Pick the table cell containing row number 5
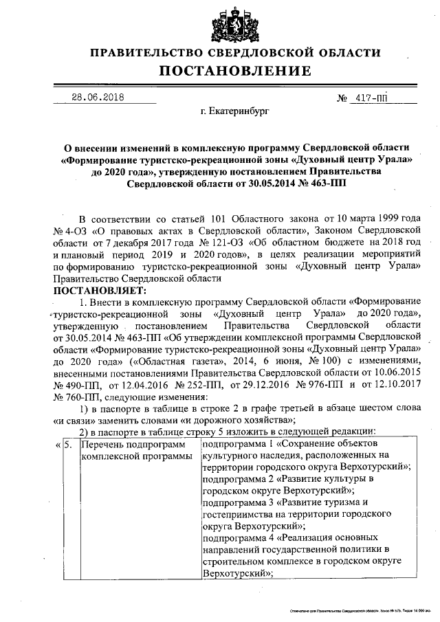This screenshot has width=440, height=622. click(x=68, y=446)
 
